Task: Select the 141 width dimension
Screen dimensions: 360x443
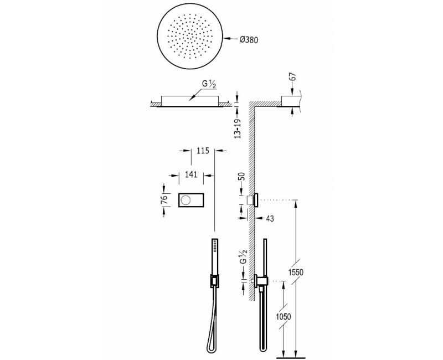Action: [192, 174]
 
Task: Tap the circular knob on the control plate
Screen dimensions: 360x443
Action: [187, 199]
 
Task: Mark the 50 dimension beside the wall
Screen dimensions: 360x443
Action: [241, 179]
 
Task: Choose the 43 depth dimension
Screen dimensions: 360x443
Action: [270, 219]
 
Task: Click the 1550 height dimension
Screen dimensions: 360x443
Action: [296, 273]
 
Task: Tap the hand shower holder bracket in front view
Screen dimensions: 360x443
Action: [213, 281]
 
